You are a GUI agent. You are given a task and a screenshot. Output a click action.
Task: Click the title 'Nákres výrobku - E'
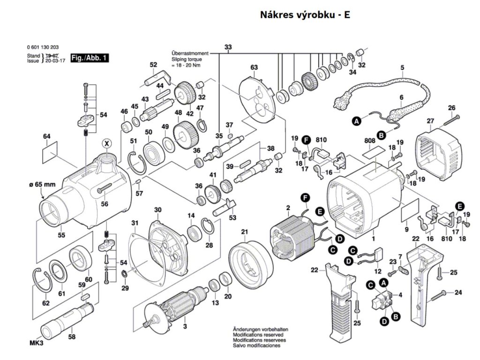pos(305,15)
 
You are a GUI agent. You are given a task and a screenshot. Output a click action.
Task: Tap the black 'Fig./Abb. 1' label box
pos(89,58)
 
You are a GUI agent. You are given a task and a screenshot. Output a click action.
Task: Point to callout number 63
pos(254,67)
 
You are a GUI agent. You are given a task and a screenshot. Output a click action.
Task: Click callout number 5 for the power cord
pos(402,68)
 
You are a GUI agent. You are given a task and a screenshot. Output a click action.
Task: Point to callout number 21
pos(244,232)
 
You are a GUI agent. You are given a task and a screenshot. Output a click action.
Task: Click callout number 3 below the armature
pos(185,326)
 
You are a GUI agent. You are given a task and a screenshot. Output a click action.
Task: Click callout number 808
pos(369,140)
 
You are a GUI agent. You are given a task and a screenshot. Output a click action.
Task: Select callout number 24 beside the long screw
pos(458,293)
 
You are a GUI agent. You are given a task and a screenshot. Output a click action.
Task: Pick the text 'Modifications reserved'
pos(256,335)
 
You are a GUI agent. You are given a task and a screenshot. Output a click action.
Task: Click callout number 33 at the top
pos(228,47)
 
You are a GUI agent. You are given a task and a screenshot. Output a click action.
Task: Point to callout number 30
pos(157,210)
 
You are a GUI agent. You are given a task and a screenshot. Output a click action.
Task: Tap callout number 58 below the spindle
pos(72,337)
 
